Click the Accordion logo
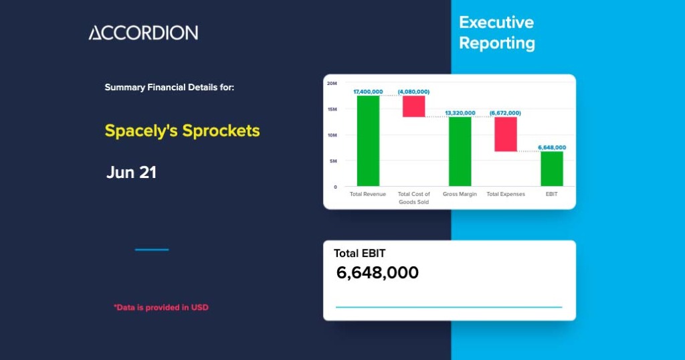143,33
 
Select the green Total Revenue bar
368,141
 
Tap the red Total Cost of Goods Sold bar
413,106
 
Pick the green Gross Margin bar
460,151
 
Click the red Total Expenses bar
506,134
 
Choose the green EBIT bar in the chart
552,169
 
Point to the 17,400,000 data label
368,91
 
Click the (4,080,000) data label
413,91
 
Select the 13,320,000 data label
460,112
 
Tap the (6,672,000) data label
505,112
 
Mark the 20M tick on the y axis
332,83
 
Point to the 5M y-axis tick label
333,161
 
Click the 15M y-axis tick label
332,109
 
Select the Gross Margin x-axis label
460,194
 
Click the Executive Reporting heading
496,33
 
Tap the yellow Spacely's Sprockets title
182,130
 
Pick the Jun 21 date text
131,172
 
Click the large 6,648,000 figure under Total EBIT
377,272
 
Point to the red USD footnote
161,307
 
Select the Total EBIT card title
359,253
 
